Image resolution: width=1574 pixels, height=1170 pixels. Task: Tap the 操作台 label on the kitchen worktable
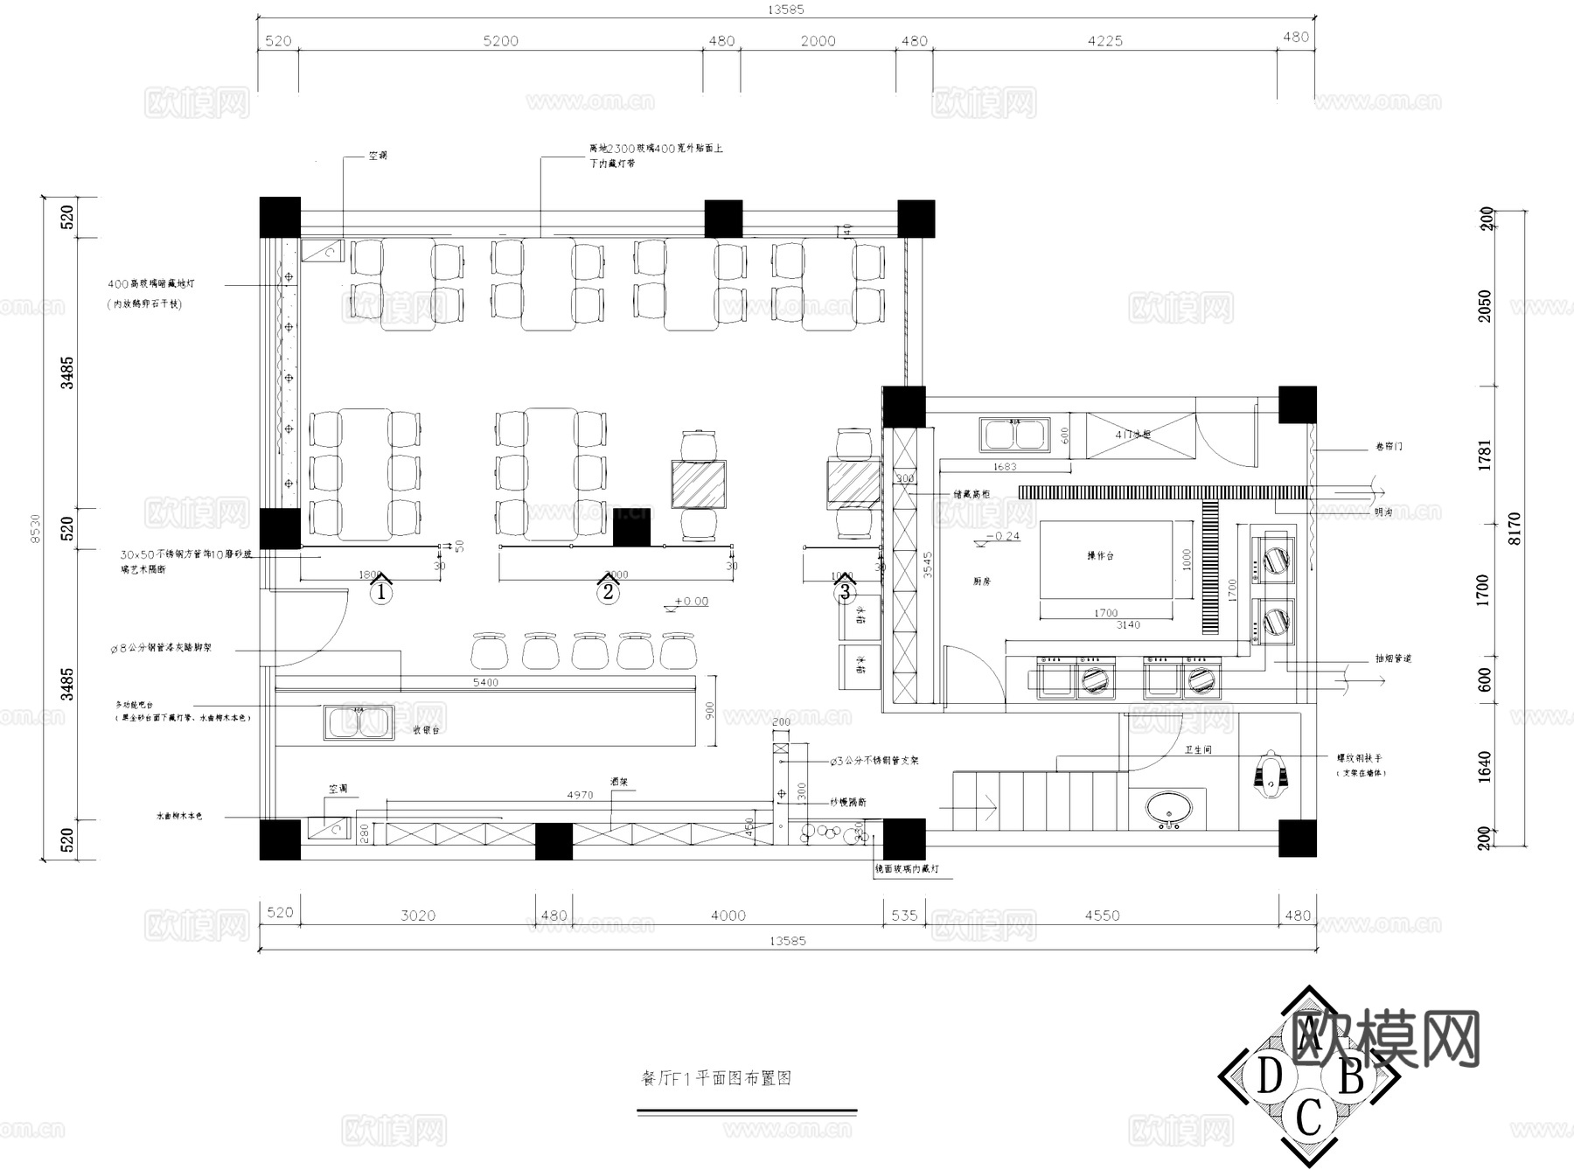(x=1100, y=555)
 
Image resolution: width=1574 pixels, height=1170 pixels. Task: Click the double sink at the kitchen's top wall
(x=1014, y=434)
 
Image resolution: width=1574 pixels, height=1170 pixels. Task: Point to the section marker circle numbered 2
(x=608, y=592)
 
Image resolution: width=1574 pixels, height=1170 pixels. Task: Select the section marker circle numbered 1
(x=380, y=592)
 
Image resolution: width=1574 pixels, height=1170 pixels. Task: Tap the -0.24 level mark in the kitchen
(x=1002, y=536)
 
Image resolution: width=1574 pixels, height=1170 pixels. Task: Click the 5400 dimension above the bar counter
(x=485, y=682)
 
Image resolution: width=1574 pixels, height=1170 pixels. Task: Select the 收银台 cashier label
(x=426, y=729)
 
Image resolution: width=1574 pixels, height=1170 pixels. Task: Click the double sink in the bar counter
(x=359, y=722)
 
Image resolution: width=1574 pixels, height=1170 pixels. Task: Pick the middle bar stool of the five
(x=589, y=651)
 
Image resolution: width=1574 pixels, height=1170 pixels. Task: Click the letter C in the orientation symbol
(x=1308, y=1117)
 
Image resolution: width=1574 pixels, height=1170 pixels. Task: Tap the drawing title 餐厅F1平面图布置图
(x=716, y=1078)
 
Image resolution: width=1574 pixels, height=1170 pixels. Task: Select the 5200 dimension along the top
(x=500, y=41)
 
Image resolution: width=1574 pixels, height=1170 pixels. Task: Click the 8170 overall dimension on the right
(x=1515, y=528)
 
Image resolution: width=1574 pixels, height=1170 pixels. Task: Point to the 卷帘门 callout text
(x=1388, y=447)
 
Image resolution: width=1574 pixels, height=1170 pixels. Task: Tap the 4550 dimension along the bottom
(x=1102, y=916)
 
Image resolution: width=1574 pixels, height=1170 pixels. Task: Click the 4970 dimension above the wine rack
(x=580, y=795)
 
